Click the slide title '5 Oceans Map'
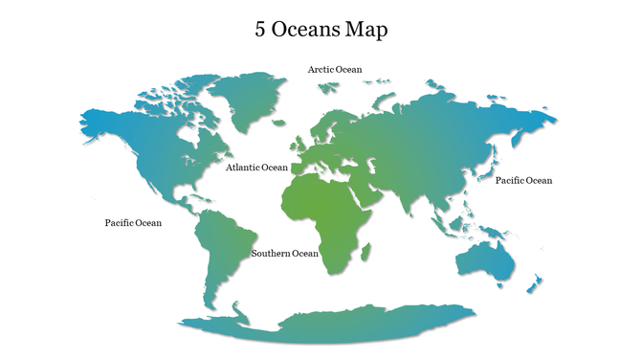tap(320, 30)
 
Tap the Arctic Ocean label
tap(335, 69)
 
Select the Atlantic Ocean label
tap(256, 168)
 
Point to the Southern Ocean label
tap(284, 254)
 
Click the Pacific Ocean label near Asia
tap(523, 180)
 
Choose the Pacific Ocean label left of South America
tap(133, 223)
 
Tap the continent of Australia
tap(485, 256)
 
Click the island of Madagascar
tap(365, 252)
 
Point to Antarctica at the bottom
tap(325, 326)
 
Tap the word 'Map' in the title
tap(368, 30)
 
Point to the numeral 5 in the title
tap(260, 30)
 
